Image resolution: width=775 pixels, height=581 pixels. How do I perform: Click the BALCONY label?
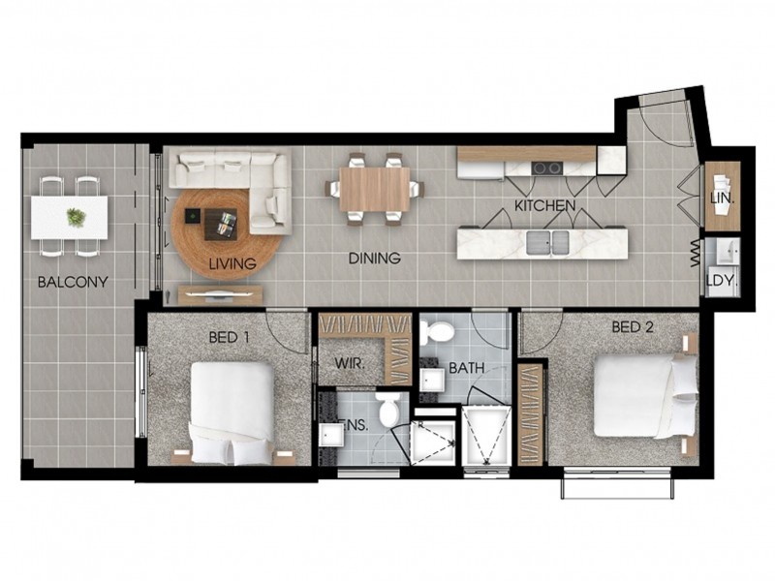73,283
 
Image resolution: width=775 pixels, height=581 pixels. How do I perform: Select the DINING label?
374,259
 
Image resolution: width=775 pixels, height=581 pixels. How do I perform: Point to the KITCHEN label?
545,206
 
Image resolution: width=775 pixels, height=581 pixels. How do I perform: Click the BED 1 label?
231,338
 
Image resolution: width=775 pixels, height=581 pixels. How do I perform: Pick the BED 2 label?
633,327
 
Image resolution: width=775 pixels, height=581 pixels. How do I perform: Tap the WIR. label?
349,363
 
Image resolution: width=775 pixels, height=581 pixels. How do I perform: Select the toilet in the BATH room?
441,332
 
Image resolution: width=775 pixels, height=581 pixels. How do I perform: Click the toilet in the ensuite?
389,409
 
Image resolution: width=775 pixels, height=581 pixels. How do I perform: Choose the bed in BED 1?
232,412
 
